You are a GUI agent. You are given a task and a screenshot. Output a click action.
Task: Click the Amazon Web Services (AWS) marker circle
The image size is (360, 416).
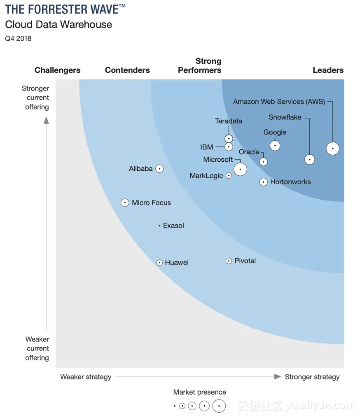tap(332, 149)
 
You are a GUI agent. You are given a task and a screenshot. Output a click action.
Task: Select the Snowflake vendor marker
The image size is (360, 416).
tap(309, 160)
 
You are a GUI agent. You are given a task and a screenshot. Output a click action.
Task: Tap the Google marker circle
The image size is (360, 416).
tap(275, 146)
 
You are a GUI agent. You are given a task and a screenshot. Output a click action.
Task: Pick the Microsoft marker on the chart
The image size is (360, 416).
tap(240, 169)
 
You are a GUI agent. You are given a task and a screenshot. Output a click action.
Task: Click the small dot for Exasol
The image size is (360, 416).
tap(159, 225)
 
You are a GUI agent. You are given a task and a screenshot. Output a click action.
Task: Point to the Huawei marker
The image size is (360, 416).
tap(159, 263)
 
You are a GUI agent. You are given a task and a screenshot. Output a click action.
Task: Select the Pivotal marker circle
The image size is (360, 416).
tap(229, 261)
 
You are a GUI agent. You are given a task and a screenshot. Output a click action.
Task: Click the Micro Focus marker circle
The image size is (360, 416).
tap(125, 202)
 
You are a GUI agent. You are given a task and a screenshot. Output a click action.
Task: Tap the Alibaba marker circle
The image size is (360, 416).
tap(159, 169)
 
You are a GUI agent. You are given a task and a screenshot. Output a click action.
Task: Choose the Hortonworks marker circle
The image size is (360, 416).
tap(264, 182)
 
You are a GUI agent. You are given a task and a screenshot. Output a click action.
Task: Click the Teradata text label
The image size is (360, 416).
tap(229, 121)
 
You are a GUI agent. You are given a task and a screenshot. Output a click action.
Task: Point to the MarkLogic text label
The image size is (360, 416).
tap(206, 176)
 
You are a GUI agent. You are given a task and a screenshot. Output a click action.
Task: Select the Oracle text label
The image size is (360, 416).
tap(249, 152)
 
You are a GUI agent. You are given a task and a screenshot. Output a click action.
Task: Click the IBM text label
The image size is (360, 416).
tap(207, 147)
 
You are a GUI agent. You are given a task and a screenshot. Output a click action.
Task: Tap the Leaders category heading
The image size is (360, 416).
tap(328, 70)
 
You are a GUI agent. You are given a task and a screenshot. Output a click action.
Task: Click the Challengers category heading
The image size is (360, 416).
tap(57, 70)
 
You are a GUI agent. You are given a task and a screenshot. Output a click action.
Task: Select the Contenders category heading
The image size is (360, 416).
tap(127, 70)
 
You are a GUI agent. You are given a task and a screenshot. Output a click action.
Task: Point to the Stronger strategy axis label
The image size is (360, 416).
tap(312, 377)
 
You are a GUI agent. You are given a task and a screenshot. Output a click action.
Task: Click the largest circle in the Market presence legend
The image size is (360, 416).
tap(219, 406)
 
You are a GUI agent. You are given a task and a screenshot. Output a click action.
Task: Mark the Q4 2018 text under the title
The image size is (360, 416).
tap(18, 39)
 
